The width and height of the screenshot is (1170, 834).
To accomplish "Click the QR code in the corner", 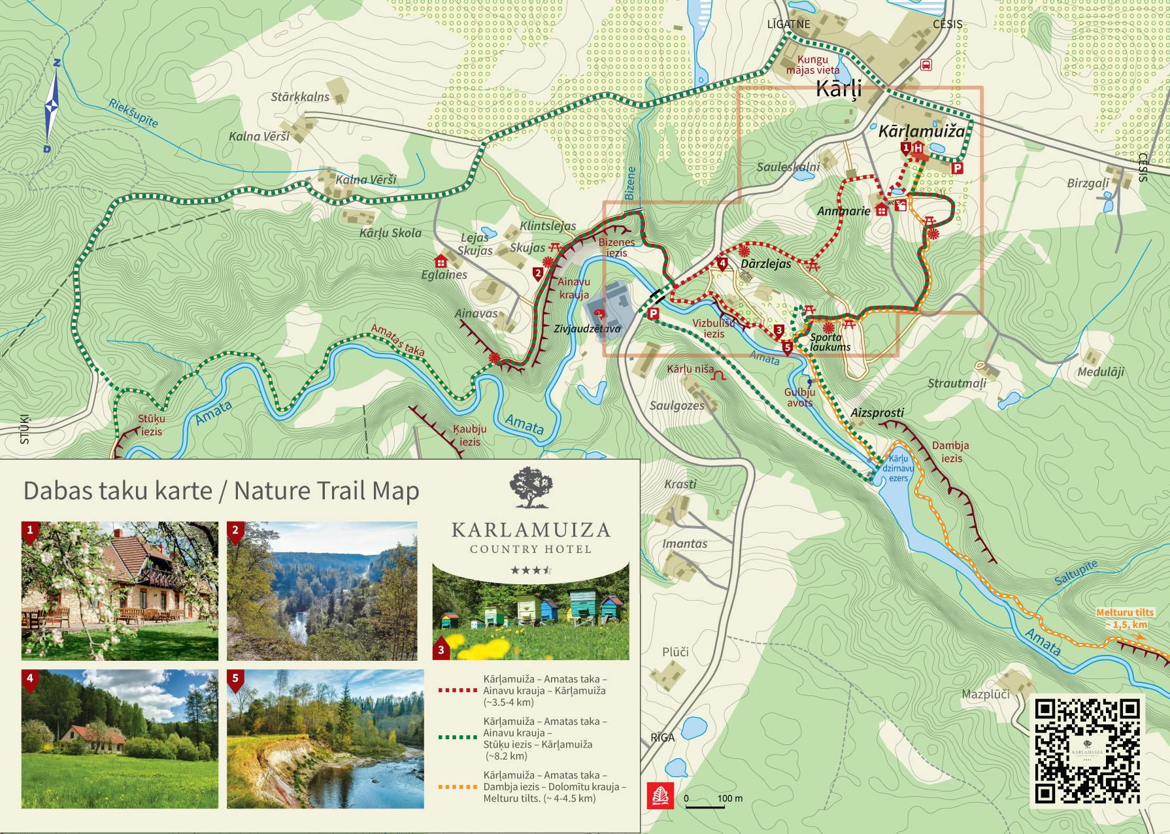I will click(1088, 750).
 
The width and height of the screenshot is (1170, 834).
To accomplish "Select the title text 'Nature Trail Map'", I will click(326, 490).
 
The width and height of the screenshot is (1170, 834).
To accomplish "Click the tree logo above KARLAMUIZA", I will click(531, 488).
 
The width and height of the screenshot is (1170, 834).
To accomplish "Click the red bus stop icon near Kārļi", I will click(926, 64).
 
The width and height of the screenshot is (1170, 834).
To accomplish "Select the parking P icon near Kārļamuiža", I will click(957, 169).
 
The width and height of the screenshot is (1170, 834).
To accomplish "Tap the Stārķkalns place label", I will click(300, 97).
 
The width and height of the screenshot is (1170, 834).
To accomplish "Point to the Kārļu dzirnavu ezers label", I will click(898, 468).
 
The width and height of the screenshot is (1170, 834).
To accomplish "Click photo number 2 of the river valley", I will click(322, 591).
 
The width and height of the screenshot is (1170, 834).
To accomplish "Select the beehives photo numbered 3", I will click(531, 613).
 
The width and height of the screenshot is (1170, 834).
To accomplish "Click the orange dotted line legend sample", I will click(456, 786).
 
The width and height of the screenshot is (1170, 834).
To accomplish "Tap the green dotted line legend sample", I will click(456, 737).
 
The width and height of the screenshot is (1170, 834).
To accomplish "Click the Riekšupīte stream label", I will click(133, 113).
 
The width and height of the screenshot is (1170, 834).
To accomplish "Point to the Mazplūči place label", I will click(985, 694).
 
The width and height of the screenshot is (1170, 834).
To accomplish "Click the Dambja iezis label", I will click(950, 452).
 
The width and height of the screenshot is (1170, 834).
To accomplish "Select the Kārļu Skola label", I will click(390, 233).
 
